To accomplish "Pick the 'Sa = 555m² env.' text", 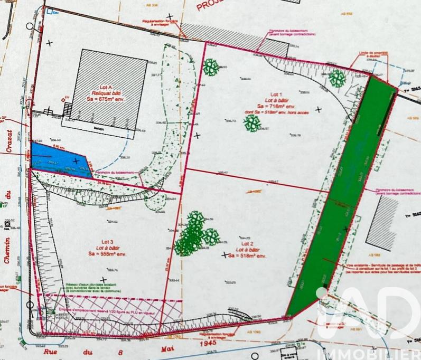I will (x=105, y=254).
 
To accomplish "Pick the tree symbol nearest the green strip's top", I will (x=337, y=79).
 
